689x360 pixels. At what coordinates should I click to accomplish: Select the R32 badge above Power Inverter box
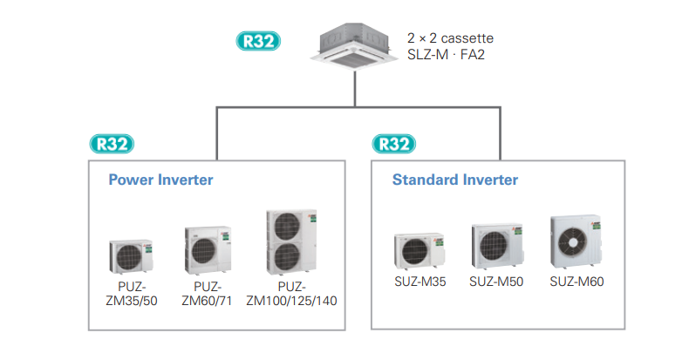112,144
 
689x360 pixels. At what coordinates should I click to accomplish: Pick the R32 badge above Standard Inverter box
394,144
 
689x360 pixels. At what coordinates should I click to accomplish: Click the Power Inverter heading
160,180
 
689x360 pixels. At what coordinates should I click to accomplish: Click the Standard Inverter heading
454,180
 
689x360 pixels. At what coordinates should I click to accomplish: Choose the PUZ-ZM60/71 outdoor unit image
208,250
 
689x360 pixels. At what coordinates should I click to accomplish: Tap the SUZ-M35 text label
420,282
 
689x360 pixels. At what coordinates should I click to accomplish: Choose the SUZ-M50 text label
495,282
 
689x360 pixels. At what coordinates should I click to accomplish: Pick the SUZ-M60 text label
576,282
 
